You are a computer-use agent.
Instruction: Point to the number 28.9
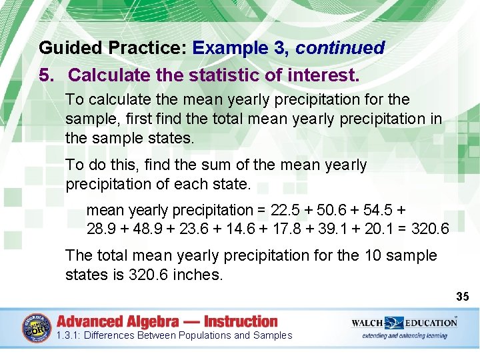coord(100,229)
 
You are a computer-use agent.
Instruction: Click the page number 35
coord(463,296)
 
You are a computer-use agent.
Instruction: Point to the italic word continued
coord(340,49)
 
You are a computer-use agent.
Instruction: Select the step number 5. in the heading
coord(47,75)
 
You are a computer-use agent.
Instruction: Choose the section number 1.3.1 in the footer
coord(68,335)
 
